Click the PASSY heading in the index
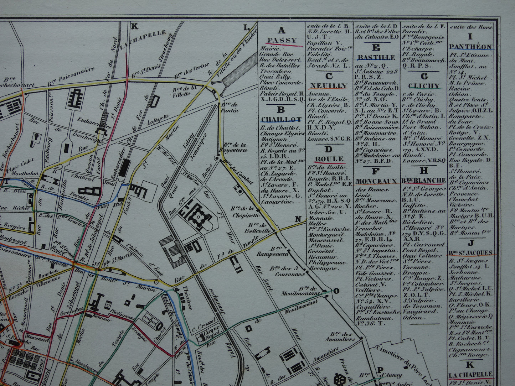click(x=282, y=40)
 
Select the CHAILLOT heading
click(x=281, y=119)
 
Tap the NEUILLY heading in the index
click(x=329, y=85)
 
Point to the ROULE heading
click(x=329, y=159)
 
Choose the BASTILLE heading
click(x=376, y=57)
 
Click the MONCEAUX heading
click(x=377, y=181)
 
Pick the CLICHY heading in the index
click(x=424, y=86)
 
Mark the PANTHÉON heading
click(x=470, y=47)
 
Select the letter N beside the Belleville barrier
click(x=298, y=219)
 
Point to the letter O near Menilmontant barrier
click(x=336, y=291)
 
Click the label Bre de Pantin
click(x=230, y=108)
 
